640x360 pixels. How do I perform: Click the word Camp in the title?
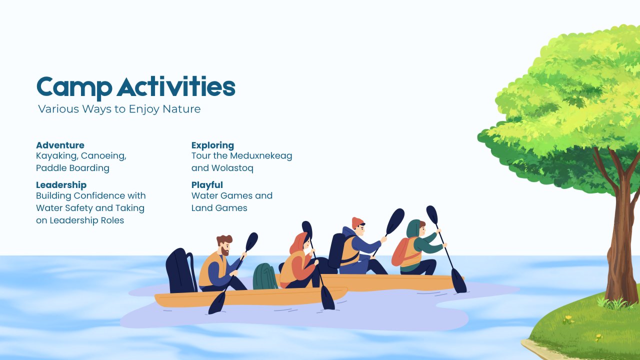click(74, 87)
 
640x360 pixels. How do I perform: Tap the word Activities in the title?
click(176, 86)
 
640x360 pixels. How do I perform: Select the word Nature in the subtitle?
click(181, 109)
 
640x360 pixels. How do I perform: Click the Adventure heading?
click(60, 145)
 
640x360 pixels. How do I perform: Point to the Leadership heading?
click(61, 185)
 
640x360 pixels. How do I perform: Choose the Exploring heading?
click(212, 145)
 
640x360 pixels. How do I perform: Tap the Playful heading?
click(207, 185)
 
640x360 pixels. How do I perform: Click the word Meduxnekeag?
click(261, 155)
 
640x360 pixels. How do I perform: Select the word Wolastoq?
click(232, 168)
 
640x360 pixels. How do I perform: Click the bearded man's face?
click(225, 249)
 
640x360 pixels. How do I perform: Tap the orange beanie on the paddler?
click(357, 222)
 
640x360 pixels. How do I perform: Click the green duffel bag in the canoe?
click(264, 276)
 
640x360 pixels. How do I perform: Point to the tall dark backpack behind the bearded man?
click(180, 270)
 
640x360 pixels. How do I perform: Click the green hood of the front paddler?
click(413, 228)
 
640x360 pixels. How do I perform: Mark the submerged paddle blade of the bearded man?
click(217, 303)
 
